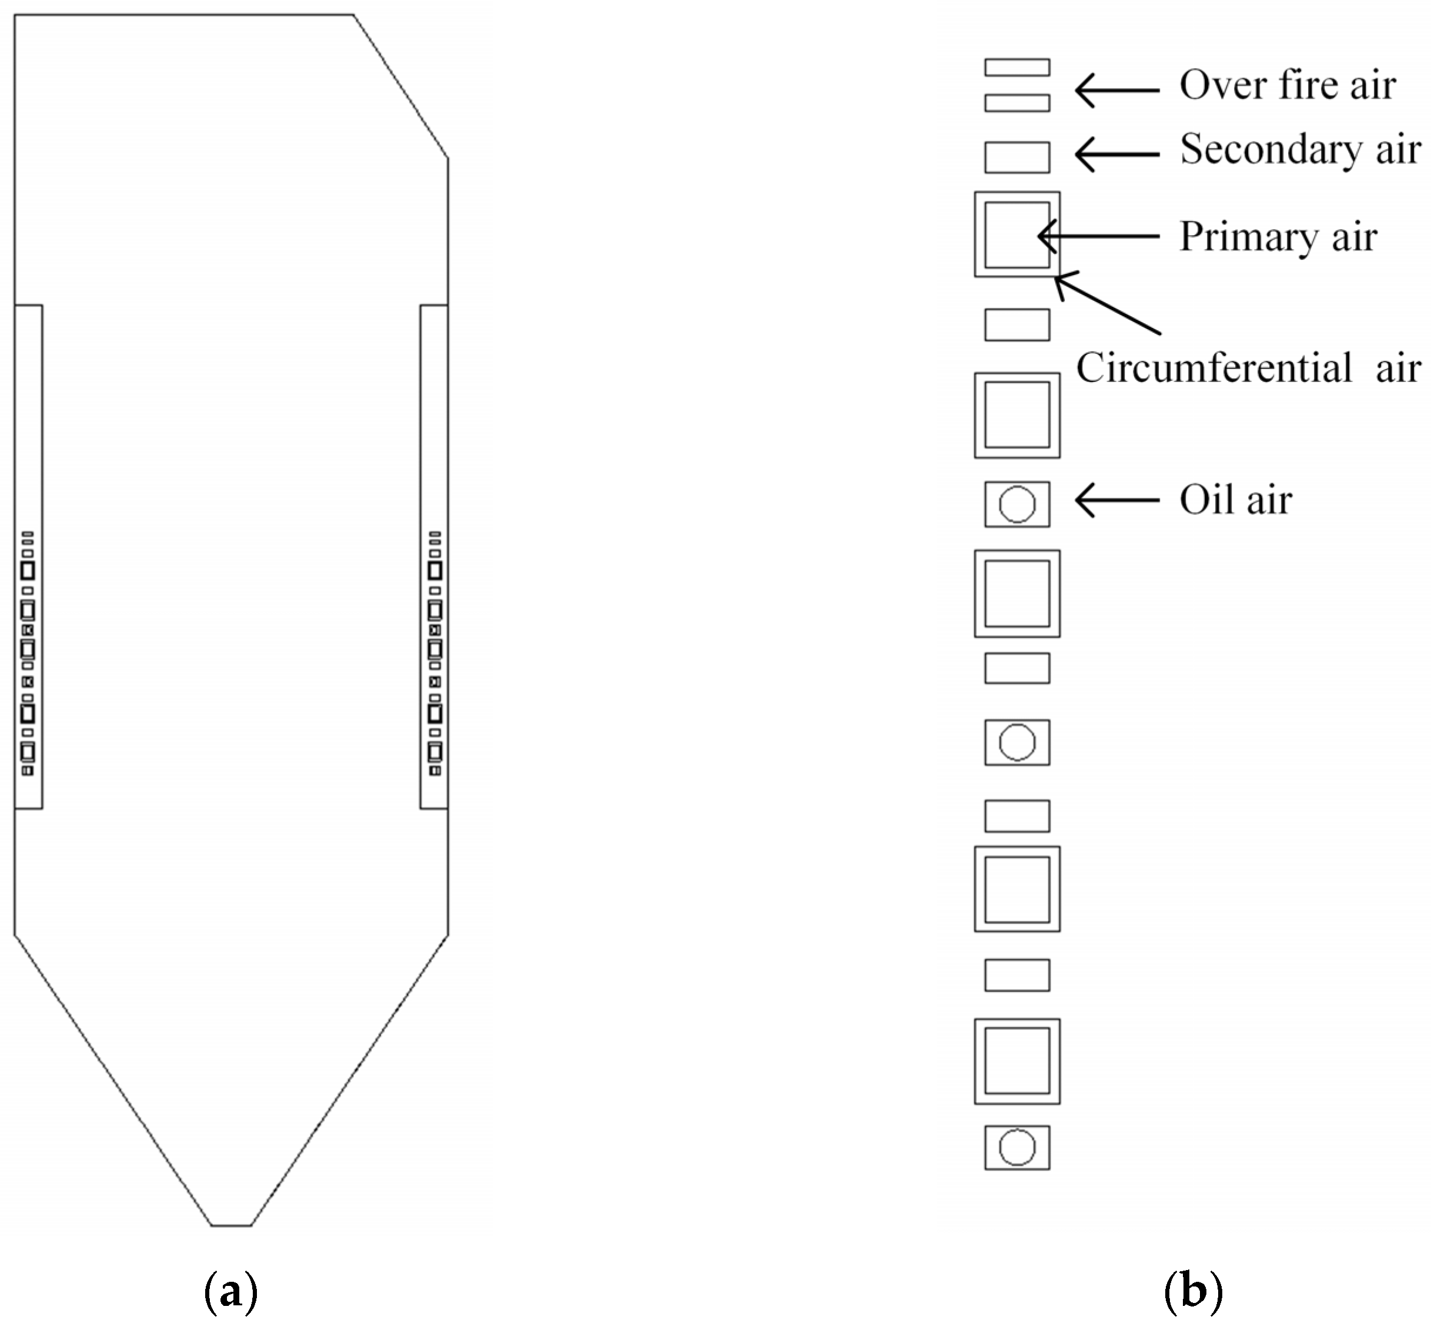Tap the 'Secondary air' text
click(1300, 150)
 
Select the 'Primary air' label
click(1278, 237)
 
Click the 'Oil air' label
click(1235, 500)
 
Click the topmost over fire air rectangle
click(1017, 68)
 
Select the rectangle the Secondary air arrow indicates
click(1017, 158)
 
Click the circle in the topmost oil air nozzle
click(1017, 504)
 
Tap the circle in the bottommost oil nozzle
click(1017, 1147)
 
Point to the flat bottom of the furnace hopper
click(231, 1225)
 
